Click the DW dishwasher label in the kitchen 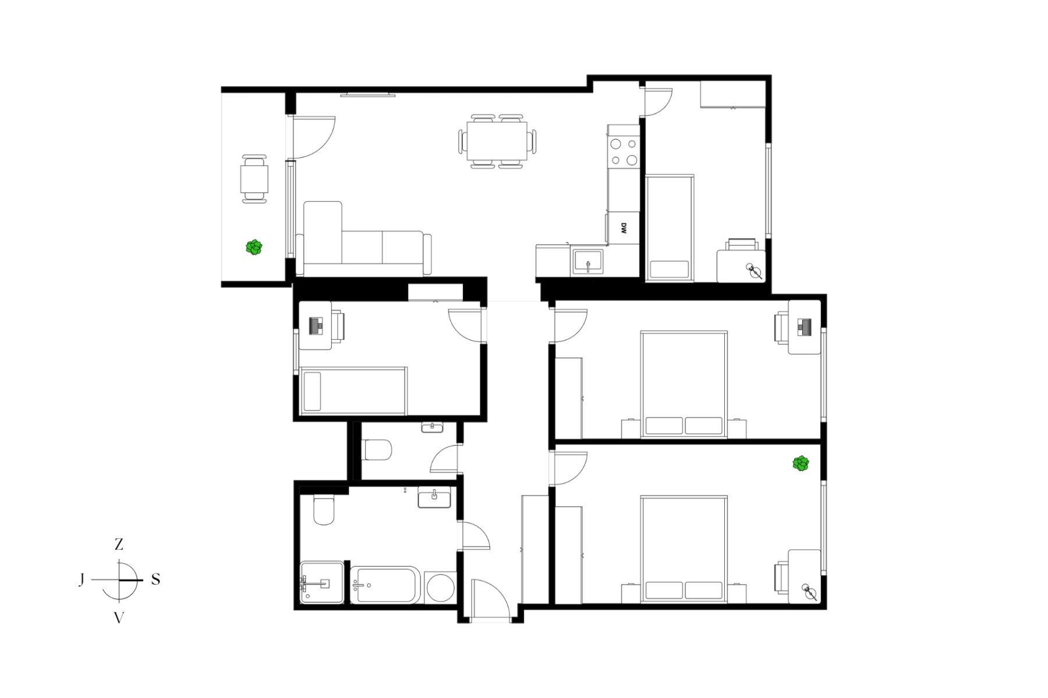(624, 228)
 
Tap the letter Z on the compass (119, 544)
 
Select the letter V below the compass (119, 618)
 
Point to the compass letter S (155, 579)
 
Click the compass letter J (82, 579)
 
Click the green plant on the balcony (254, 247)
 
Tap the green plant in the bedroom (801, 464)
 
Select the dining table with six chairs (497, 141)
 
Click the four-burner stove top (624, 152)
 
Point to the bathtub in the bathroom (385, 586)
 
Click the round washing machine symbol (440, 588)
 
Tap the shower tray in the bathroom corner (322, 582)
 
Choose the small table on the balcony (254, 179)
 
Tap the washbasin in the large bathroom (434, 498)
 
